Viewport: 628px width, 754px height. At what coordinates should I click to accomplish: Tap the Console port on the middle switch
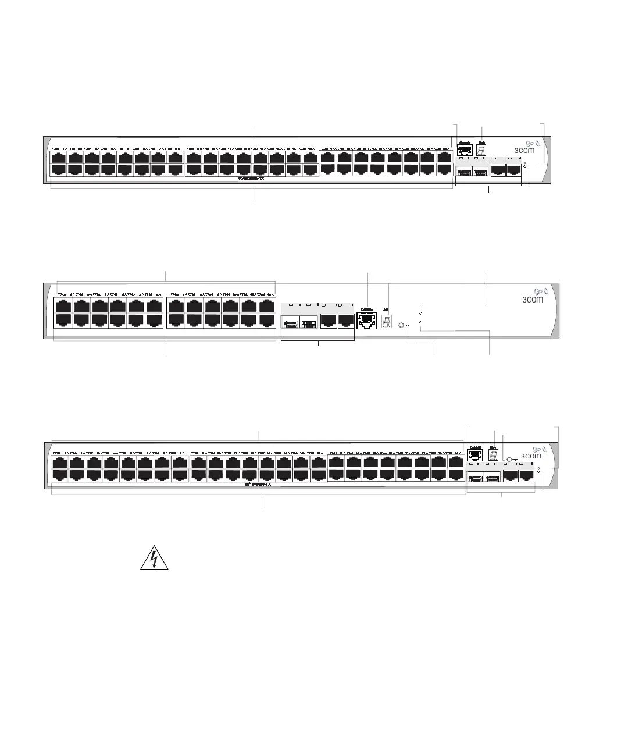pyautogui.click(x=366, y=322)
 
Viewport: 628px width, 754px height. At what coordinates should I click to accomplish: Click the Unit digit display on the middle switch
pyautogui.click(x=386, y=322)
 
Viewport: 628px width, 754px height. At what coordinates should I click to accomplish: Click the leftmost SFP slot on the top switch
pyautogui.click(x=464, y=172)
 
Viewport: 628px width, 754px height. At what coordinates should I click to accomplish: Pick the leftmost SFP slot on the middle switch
pyautogui.click(x=290, y=322)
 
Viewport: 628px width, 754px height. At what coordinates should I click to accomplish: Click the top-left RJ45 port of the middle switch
pyautogui.click(x=62, y=306)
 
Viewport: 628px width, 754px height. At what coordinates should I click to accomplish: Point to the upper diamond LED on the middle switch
pyautogui.click(x=420, y=313)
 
